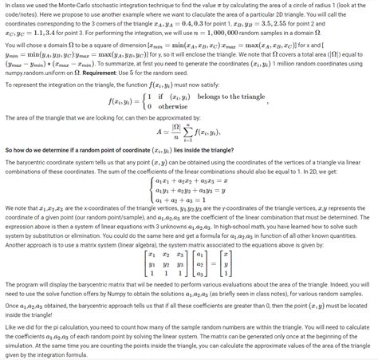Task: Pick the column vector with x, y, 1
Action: tap(226, 282)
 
